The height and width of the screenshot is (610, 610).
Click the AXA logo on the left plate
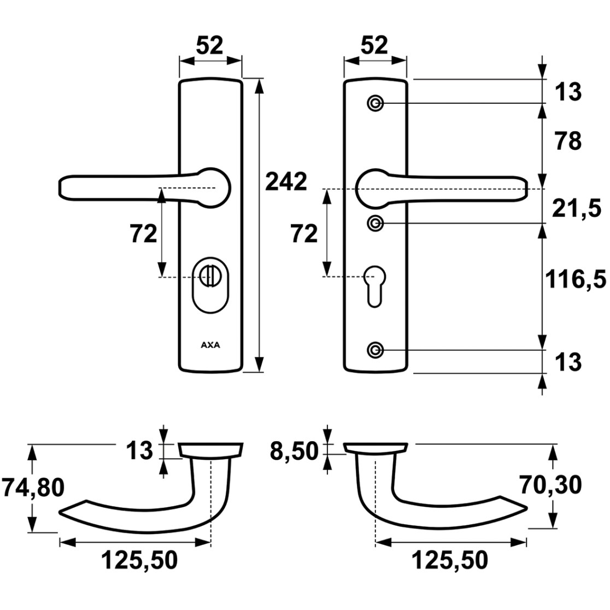click(210, 345)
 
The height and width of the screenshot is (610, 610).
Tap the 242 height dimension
click(286, 181)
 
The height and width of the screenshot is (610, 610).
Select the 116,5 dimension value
click(576, 279)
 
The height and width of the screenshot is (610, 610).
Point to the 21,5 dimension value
click(576, 209)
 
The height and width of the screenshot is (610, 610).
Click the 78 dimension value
click(568, 141)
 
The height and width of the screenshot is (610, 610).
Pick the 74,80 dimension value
click(33, 488)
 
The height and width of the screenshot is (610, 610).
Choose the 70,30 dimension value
click(550, 485)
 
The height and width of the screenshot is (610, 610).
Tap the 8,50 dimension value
click(294, 451)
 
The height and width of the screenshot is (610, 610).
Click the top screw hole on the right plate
click(376, 103)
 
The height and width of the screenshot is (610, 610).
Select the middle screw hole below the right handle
click(376, 224)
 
